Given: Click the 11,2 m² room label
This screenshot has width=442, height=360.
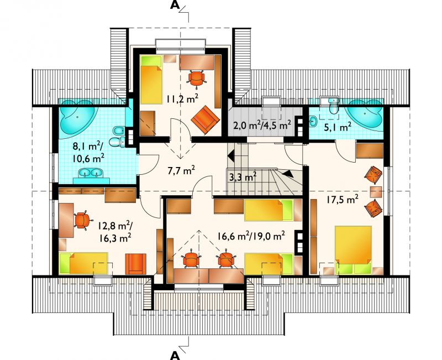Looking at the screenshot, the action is [x=182, y=99].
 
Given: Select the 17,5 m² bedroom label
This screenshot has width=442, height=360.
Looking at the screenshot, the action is [x=342, y=200].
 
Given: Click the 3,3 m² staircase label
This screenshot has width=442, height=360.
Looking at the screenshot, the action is [x=243, y=177].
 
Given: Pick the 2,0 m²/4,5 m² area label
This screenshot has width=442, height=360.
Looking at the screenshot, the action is [x=262, y=124].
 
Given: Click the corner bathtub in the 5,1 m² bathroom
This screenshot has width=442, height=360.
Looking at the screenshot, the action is [x=365, y=113].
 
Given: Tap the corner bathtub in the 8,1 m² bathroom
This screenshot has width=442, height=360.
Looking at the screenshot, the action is [x=77, y=116].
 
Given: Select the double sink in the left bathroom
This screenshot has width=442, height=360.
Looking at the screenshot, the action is [x=90, y=173].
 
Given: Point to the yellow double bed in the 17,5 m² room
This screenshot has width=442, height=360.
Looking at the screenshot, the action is [x=353, y=250].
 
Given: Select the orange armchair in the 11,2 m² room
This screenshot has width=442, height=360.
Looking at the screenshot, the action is [x=205, y=119].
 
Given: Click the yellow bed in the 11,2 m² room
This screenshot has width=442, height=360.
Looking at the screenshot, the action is [x=151, y=80].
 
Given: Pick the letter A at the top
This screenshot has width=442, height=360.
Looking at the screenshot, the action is [x=175, y=5].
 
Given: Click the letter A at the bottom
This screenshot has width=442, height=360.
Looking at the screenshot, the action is [x=175, y=356].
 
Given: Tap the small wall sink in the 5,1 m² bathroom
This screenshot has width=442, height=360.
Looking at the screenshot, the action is [x=313, y=122].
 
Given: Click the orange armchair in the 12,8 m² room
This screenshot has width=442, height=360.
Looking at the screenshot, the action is [x=136, y=264].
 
